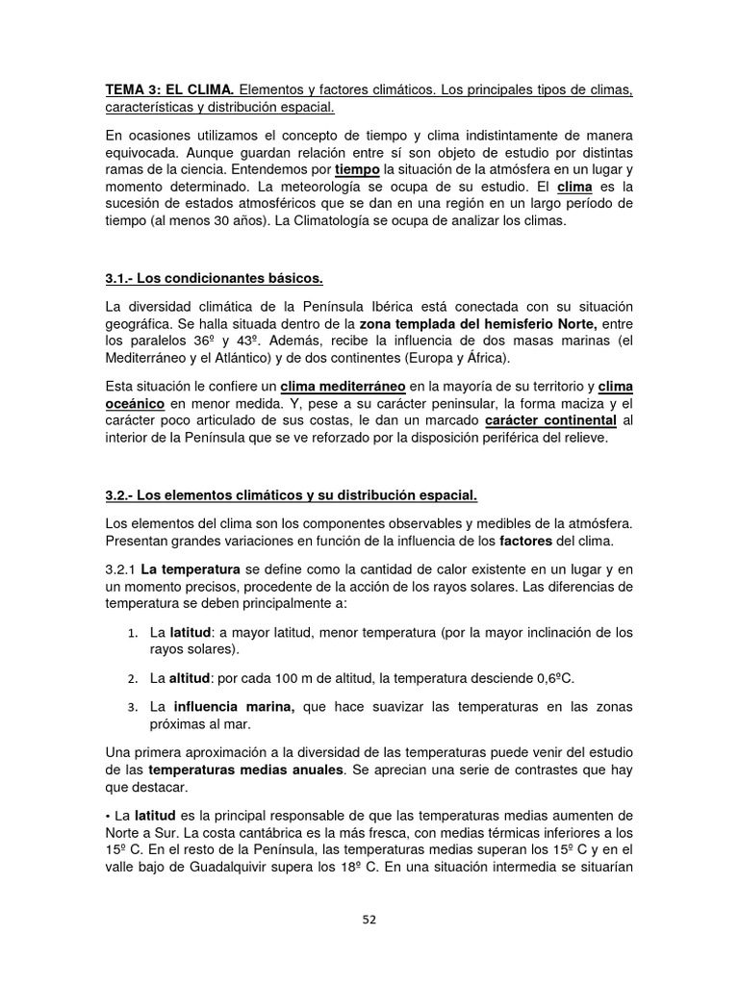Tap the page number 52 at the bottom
tap(369, 919)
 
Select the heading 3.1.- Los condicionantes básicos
tap(214, 279)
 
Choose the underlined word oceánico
tap(135, 404)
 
